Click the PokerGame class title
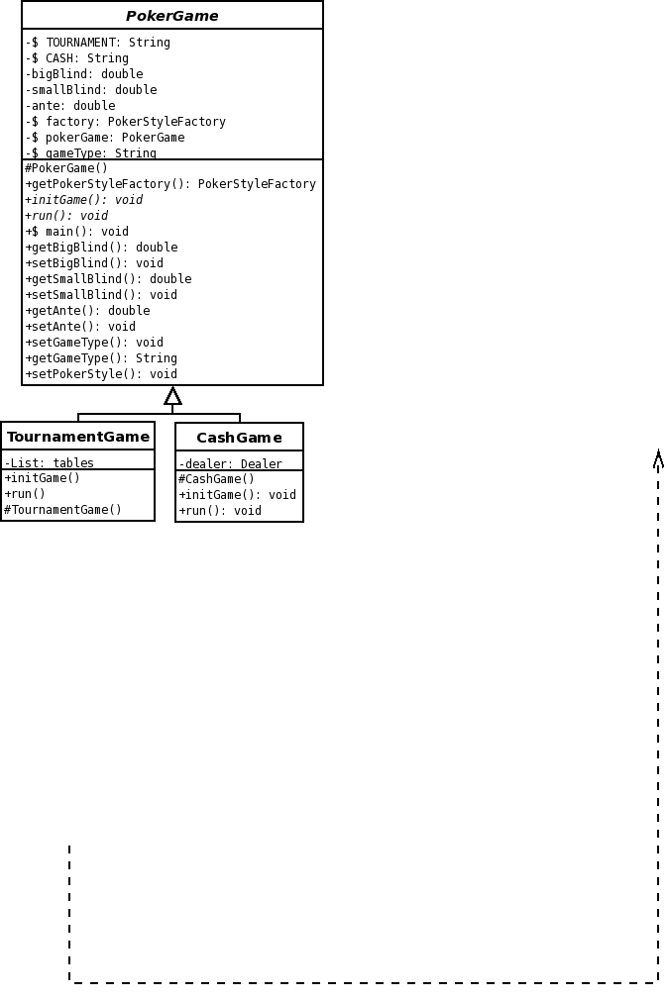coord(171,16)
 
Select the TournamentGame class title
coord(78,437)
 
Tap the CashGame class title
coord(239,438)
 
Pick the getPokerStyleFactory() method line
coord(170,184)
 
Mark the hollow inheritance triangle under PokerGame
coord(172,396)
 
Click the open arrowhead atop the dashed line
coord(658,459)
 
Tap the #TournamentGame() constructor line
coord(62,510)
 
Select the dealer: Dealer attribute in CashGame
coord(231,464)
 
